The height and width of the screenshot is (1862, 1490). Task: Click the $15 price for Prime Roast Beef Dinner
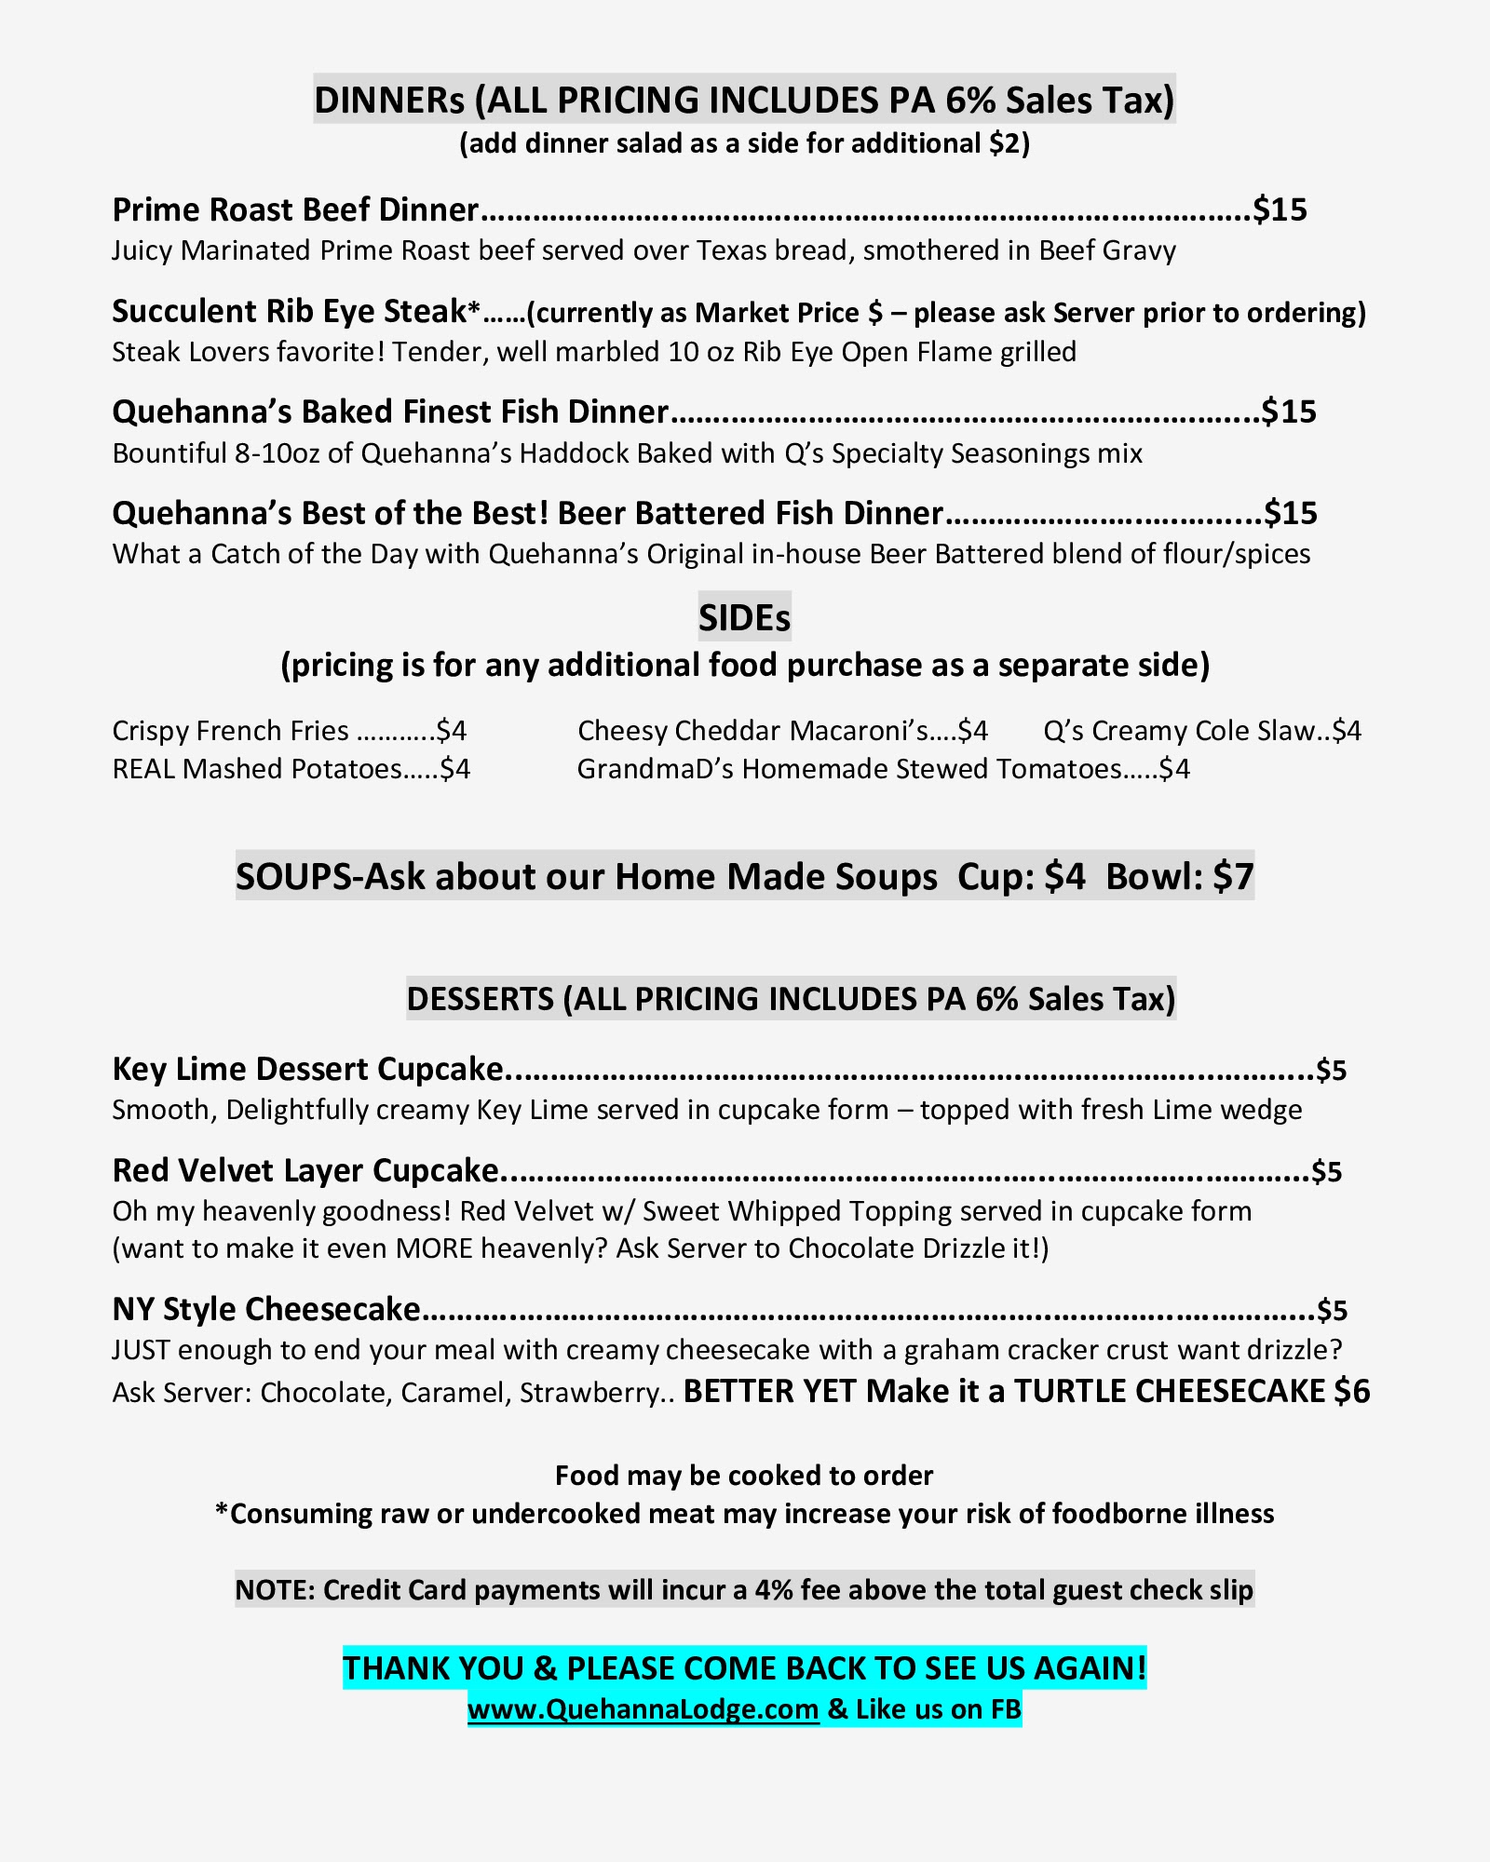(1280, 209)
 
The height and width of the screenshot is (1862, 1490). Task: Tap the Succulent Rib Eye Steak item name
(289, 311)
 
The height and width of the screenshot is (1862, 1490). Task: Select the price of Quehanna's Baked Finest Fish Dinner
(1289, 412)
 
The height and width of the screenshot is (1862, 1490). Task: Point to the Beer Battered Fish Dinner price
(1291, 513)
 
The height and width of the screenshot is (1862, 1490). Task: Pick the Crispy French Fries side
(231, 731)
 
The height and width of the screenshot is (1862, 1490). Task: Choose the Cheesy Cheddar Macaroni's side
(752, 731)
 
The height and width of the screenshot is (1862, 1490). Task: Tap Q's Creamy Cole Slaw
(1179, 731)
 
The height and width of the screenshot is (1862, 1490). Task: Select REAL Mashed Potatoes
(257, 769)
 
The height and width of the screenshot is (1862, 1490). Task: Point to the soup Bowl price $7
(1233, 877)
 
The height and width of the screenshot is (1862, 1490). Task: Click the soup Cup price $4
(1064, 877)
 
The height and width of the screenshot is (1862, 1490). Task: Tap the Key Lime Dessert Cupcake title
(307, 1069)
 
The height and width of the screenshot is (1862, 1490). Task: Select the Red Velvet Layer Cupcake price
(1326, 1171)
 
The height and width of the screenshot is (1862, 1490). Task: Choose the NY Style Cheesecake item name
(266, 1309)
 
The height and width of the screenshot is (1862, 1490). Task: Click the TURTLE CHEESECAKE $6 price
(1351, 1391)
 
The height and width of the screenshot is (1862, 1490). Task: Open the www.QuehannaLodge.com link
(643, 1709)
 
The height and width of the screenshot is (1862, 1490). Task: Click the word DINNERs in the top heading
(388, 101)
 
